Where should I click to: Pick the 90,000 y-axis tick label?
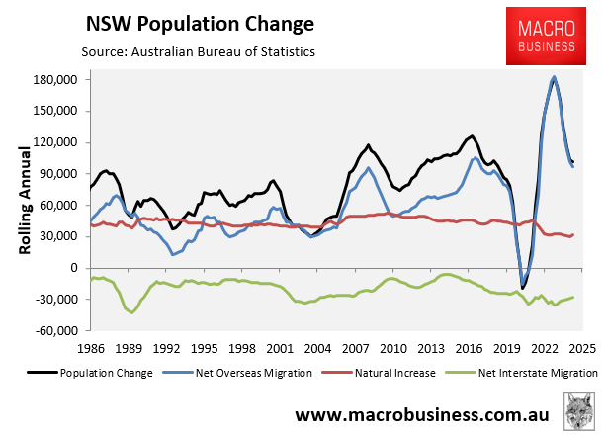coord(61,174)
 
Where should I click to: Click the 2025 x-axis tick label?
coord(579,349)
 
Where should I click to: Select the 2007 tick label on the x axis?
coord(356,349)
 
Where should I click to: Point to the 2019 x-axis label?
coord(506,349)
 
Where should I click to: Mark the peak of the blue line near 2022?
coord(554,78)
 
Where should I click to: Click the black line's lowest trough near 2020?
coord(523,289)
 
